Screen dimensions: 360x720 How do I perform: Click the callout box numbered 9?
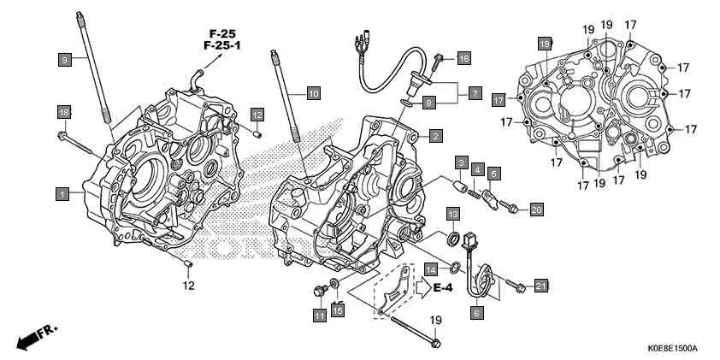click(x=63, y=59)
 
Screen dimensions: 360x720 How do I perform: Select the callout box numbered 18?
click(x=63, y=113)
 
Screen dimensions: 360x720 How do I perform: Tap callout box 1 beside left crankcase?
click(x=62, y=195)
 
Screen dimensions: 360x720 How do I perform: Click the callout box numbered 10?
click(x=313, y=92)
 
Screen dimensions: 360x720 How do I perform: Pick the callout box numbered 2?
click(x=435, y=135)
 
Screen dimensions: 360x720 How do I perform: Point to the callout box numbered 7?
click(x=475, y=91)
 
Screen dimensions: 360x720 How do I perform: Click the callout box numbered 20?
click(x=536, y=209)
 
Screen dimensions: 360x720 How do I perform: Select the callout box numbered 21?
click(x=540, y=285)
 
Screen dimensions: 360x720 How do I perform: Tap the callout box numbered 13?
click(x=451, y=212)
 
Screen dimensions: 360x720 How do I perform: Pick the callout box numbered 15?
click(x=338, y=310)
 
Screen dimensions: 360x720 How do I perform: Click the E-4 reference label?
click(x=442, y=288)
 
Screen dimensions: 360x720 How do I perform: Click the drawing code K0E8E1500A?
click(x=673, y=349)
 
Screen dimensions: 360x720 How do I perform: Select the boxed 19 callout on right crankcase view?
click(x=544, y=43)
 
